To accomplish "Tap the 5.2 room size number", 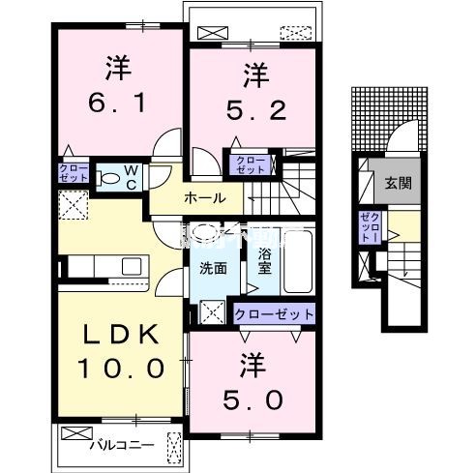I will (253, 111).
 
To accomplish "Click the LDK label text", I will (118, 334).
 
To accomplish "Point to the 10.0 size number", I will (118, 369).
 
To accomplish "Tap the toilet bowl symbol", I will (108, 179).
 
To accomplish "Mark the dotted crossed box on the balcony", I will (174, 448).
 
